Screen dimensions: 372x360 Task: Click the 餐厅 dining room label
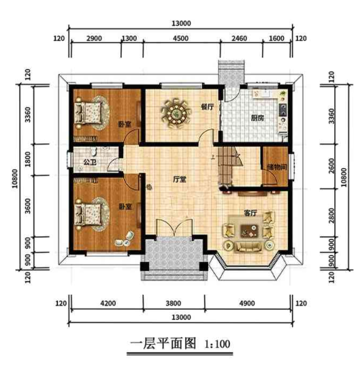(208, 107)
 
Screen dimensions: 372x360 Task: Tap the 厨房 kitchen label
(258, 118)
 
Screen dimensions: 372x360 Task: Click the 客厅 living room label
(250, 212)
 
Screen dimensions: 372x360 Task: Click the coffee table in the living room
(250, 230)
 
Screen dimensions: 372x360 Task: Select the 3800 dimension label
(179, 303)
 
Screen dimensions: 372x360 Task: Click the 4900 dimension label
(250, 303)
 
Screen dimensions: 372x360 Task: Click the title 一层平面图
(162, 343)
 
